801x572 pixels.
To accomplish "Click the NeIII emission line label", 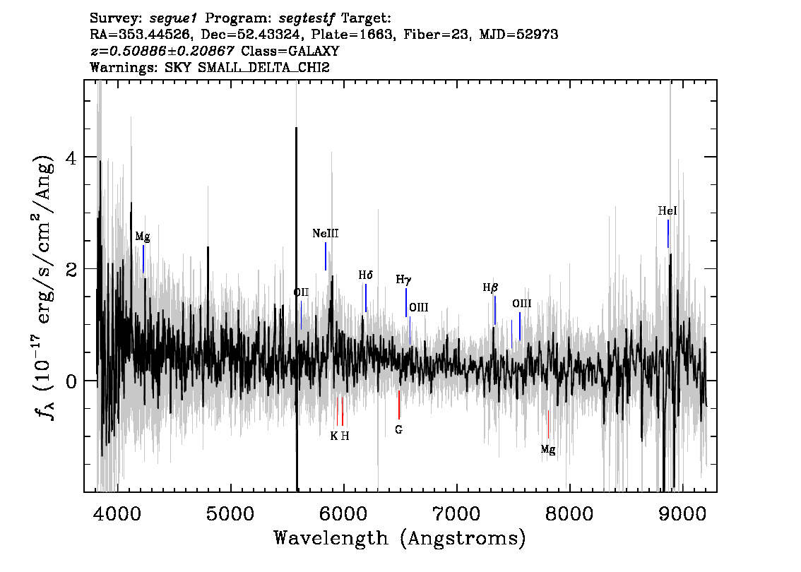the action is coord(326,234).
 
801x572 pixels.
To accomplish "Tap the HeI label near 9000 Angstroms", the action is coord(667,210).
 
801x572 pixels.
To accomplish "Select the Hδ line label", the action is coord(365,275).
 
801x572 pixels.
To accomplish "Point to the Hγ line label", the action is coord(403,280).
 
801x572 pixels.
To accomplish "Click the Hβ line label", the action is coord(490,288).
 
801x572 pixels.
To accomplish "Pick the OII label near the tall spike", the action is coord(301,292).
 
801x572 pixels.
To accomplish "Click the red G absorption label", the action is coord(398,429).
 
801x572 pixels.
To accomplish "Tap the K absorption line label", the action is coord(333,436).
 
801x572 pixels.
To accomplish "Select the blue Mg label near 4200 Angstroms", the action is coord(143,237).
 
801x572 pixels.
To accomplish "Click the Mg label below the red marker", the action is coord(547,449).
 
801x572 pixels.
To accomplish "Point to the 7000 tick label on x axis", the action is coord(456,513).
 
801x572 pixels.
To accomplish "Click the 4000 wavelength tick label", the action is coord(117,513).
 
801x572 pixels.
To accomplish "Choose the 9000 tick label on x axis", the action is coord(682,513).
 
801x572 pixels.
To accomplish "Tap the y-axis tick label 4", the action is coord(71,157).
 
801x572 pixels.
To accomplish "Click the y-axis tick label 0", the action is coord(71,381).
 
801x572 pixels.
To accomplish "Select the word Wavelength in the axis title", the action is coord(331,538).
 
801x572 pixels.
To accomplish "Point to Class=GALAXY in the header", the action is coord(290,51).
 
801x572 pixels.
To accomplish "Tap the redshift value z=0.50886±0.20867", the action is coord(162,51).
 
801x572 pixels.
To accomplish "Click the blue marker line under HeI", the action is coord(667,234).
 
